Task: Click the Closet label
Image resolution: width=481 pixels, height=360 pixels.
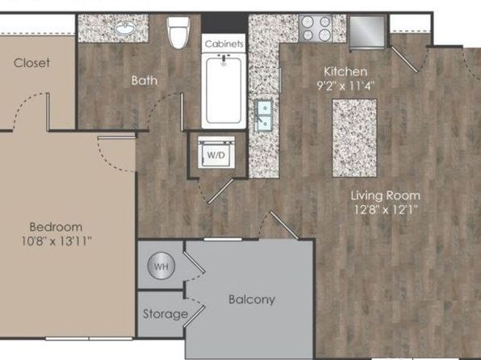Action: coord(31,63)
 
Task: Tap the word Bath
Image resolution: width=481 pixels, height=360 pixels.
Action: coord(144,81)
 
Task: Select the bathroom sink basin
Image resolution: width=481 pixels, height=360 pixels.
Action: coord(125,29)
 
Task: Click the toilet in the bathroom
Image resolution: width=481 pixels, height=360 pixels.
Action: coord(178,32)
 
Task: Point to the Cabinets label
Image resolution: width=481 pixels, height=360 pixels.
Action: coord(224,44)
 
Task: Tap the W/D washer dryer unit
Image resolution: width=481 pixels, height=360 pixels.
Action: coord(216,153)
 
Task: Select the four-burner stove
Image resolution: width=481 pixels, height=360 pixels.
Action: coord(316,28)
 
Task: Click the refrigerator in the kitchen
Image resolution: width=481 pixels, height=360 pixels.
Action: coord(367,32)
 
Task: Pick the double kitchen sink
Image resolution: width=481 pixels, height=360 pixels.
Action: coord(265,115)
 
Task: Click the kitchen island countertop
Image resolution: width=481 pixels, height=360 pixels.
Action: coord(354,138)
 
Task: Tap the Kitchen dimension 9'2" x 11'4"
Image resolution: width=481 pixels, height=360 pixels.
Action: coord(345,86)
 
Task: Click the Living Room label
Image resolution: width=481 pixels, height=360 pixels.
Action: coord(386,195)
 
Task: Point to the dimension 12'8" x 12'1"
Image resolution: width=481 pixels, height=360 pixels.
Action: coord(386,210)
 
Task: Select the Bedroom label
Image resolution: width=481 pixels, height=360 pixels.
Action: coord(56,227)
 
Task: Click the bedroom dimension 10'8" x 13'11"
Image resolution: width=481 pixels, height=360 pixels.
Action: coord(56,241)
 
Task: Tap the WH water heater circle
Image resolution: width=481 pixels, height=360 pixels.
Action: coord(161,266)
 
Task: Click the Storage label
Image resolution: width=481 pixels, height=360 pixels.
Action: coord(165,314)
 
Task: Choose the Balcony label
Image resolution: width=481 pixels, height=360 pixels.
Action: coord(252,299)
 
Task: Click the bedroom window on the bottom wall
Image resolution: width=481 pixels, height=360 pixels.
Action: coord(89,338)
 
